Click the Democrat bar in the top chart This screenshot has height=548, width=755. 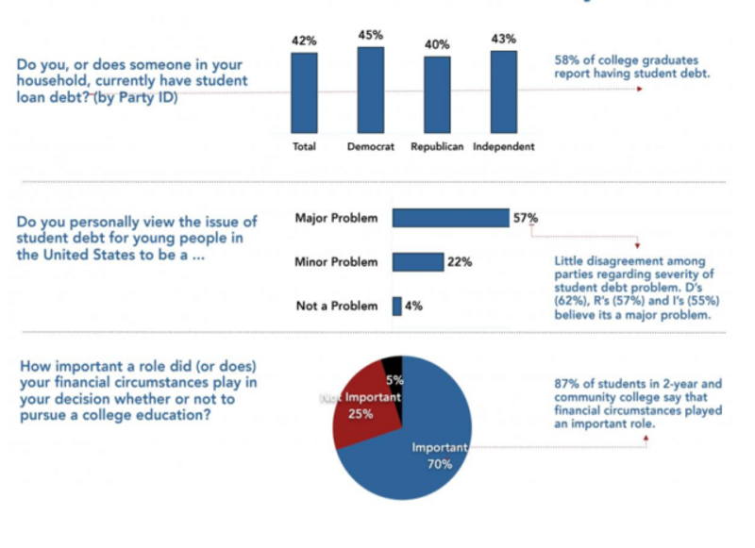(x=371, y=90)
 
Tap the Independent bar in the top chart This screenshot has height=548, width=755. (x=504, y=91)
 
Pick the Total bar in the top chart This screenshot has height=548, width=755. (x=304, y=92)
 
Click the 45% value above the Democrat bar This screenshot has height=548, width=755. (x=371, y=35)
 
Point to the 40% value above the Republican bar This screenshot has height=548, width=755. (x=437, y=44)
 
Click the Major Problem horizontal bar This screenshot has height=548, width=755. (x=450, y=218)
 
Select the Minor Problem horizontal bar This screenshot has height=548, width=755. (x=417, y=261)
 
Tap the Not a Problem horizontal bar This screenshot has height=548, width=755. (x=397, y=306)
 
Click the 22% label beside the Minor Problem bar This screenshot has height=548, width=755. (x=460, y=261)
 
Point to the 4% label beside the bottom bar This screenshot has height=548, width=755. (x=413, y=306)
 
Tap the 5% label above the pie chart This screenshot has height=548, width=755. (x=394, y=382)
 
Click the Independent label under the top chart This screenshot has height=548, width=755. (x=504, y=147)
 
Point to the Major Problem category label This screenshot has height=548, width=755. (x=336, y=218)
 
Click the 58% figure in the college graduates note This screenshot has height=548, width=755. (x=566, y=58)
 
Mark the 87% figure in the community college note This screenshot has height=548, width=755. (x=567, y=384)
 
